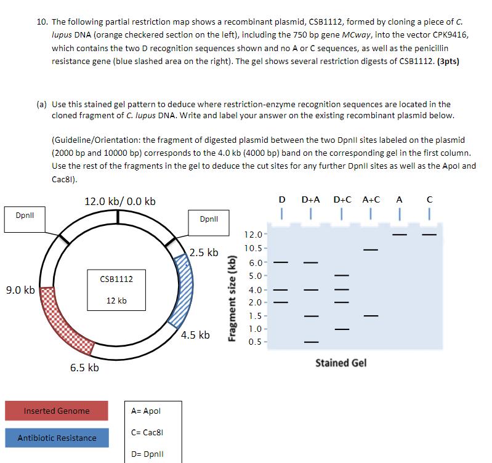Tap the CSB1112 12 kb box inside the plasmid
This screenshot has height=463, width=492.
click(116, 290)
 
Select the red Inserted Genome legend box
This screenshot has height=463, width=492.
click(57, 411)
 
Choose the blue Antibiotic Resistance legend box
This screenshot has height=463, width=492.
click(57, 438)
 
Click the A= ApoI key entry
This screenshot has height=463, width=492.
click(145, 411)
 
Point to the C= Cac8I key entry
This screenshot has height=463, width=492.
click(145, 433)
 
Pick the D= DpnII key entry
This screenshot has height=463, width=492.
click(145, 455)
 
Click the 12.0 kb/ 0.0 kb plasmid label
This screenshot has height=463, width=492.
click(119, 201)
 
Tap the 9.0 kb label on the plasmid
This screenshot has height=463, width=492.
click(20, 290)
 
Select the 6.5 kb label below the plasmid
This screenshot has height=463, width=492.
click(84, 368)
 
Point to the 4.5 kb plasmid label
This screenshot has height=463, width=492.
click(195, 335)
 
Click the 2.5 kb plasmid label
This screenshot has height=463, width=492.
click(204, 252)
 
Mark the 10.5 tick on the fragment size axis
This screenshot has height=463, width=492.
click(254, 249)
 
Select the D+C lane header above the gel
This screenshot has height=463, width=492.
click(342, 199)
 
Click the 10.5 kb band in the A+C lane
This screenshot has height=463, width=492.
click(370, 249)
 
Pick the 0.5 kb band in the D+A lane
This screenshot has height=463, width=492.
click(312, 342)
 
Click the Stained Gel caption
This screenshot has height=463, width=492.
click(341, 363)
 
